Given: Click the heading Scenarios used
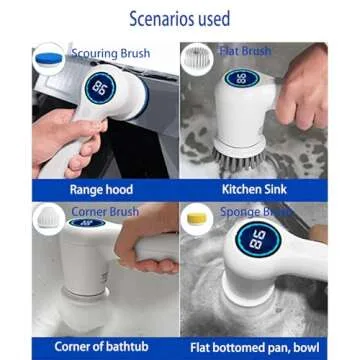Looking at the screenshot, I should [180, 18].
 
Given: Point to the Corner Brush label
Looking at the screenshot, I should [103, 212].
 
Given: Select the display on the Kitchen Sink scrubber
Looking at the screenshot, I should [243, 77].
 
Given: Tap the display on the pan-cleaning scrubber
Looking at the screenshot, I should [255, 241].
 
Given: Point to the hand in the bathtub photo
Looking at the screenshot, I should [150, 245].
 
